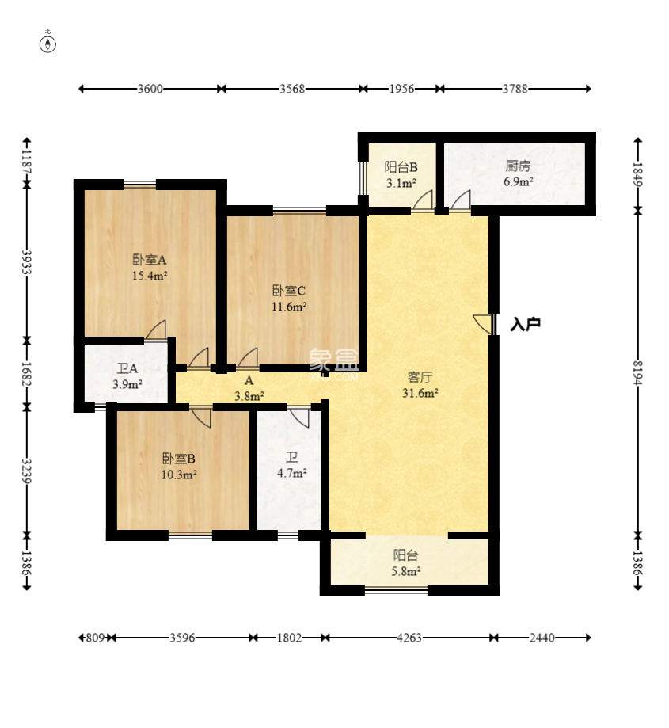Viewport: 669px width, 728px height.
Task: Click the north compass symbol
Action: (48, 44)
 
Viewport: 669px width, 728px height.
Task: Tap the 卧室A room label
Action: (150, 260)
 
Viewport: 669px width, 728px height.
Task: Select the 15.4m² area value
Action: (150, 276)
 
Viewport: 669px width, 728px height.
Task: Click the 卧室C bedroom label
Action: (288, 291)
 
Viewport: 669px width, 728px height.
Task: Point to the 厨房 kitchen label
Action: (518, 166)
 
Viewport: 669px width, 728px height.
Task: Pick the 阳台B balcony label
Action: (401, 166)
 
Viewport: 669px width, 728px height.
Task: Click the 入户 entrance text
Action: (525, 324)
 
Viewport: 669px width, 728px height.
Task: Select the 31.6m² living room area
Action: (420, 393)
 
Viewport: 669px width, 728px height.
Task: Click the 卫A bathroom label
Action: (127, 368)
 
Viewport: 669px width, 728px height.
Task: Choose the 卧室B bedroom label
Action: (179, 459)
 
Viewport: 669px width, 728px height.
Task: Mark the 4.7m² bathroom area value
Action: (292, 473)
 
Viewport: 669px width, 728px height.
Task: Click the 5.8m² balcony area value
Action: (406, 571)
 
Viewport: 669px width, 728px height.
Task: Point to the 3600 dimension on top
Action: (150, 88)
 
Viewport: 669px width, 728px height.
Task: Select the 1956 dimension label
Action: (401, 88)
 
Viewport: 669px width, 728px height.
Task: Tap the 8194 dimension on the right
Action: (638, 373)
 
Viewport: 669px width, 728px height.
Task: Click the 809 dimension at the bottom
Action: (95, 638)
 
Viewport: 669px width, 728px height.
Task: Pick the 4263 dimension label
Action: (409, 638)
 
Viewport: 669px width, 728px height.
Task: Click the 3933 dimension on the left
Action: (27, 263)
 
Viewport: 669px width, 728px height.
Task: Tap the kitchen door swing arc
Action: (459, 200)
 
